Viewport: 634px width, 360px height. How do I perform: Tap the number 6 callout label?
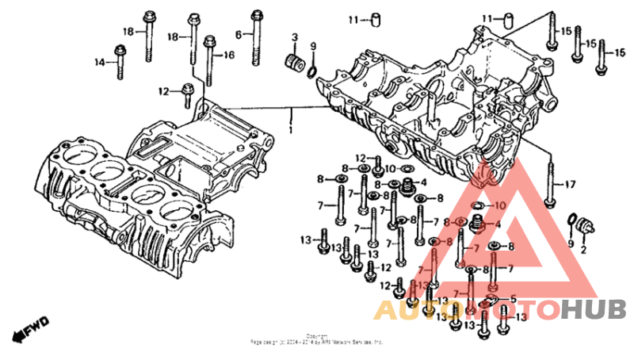click(x=238, y=33)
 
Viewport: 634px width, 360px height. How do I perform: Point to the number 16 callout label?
click(x=229, y=55)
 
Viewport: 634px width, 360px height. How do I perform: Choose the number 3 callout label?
click(x=294, y=37)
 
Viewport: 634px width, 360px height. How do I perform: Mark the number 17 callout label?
click(x=569, y=185)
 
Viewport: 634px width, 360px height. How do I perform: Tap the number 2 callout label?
click(x=584, y=249)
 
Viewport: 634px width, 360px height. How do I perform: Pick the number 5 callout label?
click(x=513, y=299)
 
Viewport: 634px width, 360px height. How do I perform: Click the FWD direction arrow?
click(x=36, y=326)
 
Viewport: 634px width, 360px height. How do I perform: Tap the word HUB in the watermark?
click(x=594, y=310)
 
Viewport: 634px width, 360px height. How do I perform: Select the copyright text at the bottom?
click(x=317, y=339)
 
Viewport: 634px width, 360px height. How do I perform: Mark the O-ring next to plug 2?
click(x=571, y=220)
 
